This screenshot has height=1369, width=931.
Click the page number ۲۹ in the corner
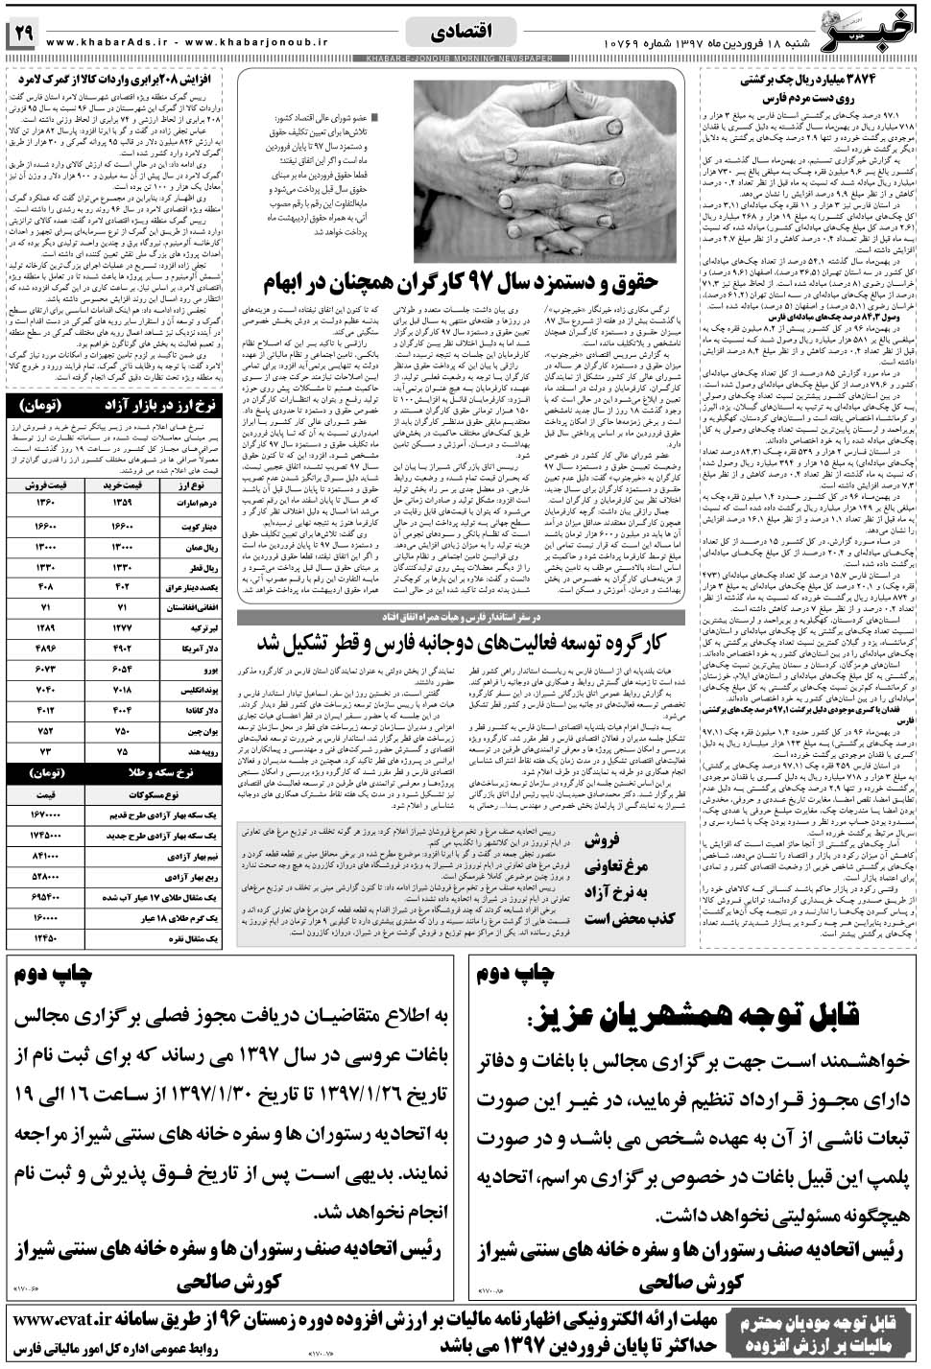click(22, 34)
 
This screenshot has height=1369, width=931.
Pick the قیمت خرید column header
click(125, 484)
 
